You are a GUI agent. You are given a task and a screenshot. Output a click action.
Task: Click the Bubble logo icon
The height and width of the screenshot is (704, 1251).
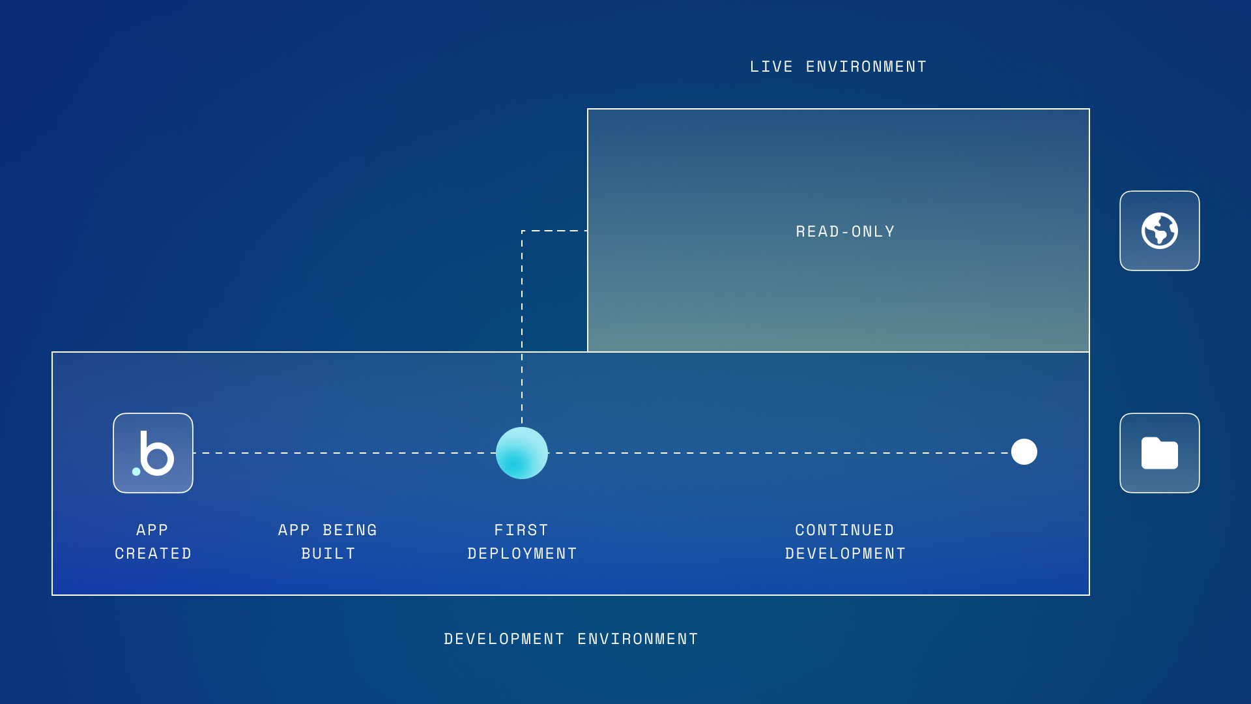(153, 453)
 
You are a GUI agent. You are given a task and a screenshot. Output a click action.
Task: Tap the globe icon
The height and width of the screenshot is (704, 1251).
(1160, 231)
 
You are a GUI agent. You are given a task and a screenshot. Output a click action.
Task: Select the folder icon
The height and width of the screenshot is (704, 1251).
(1160, 453)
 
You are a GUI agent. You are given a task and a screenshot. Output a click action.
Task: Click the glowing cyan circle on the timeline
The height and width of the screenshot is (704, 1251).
(522, 453)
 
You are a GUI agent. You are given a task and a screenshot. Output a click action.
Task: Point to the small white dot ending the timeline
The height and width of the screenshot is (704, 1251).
(1024, 452)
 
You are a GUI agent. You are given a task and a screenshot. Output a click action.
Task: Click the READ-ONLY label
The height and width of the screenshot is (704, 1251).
(845, 231)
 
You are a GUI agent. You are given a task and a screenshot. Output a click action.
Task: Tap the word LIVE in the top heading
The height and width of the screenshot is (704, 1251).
(771, 66)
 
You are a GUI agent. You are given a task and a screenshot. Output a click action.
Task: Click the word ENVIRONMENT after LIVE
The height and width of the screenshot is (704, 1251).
(867, 66)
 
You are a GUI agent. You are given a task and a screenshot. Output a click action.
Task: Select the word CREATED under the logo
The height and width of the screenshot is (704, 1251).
(153, 553)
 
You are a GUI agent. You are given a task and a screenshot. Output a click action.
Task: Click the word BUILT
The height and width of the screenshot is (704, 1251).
(328, 553)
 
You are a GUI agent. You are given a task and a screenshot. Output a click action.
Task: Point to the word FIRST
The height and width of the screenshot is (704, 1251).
(521, 530)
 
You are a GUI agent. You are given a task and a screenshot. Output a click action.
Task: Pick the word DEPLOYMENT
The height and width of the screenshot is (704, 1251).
(522, 553)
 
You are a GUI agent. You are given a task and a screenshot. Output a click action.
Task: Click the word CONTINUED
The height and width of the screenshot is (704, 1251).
(844, 530)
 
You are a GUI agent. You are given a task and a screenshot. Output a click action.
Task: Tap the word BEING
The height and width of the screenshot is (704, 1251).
(350, 530)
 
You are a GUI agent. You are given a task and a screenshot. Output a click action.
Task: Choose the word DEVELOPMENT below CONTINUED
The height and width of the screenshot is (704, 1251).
(845, 553)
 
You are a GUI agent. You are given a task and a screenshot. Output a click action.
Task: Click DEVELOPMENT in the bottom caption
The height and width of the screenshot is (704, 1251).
(504, 639)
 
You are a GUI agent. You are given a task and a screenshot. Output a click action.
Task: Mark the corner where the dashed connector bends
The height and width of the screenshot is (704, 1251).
(522, 231)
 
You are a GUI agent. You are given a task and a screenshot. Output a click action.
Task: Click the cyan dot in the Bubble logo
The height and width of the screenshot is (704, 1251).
(136, 471)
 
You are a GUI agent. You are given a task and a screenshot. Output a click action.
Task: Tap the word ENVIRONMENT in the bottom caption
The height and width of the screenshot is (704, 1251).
(638, 639)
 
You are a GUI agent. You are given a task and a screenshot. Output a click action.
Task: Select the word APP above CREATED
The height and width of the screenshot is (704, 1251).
(152, 530)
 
